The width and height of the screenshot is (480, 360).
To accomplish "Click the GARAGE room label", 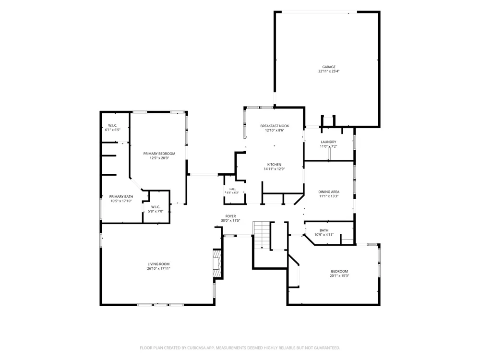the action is (x=329, y=67).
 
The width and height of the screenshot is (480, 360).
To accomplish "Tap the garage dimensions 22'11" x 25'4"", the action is (x=329, y=72).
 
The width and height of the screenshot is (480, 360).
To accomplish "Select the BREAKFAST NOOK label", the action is (x=275, y=126).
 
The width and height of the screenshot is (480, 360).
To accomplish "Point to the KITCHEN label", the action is (x=274, y=164).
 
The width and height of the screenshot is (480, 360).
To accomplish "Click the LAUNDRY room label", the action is (x=328, y=142).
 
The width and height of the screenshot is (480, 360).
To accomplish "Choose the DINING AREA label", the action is (x=329, y=192).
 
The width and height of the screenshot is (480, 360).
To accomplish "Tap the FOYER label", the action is (x=230, y=216).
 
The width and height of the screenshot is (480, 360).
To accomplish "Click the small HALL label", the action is (x=233, y=189).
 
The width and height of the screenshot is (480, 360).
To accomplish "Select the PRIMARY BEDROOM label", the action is (x=159, y=154).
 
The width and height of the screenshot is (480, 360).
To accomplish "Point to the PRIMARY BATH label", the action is (x=121, y=196).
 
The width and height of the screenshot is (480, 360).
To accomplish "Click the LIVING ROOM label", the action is (x=158, y=264).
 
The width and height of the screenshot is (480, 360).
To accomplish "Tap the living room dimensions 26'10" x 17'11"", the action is (x=158, y=268).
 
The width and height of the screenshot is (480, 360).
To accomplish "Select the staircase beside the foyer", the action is (x=262, y=235).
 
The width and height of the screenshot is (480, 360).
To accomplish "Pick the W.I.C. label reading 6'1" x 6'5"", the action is (x=113, y=128).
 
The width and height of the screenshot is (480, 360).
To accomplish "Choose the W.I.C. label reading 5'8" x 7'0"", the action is (x=156, y=209).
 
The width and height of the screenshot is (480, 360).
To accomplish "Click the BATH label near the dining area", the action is (x=324, y=230).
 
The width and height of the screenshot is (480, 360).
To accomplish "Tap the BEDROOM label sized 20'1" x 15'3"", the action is (x=339, y=274).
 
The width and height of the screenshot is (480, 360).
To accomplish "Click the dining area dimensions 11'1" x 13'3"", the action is (x=329, y=196).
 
